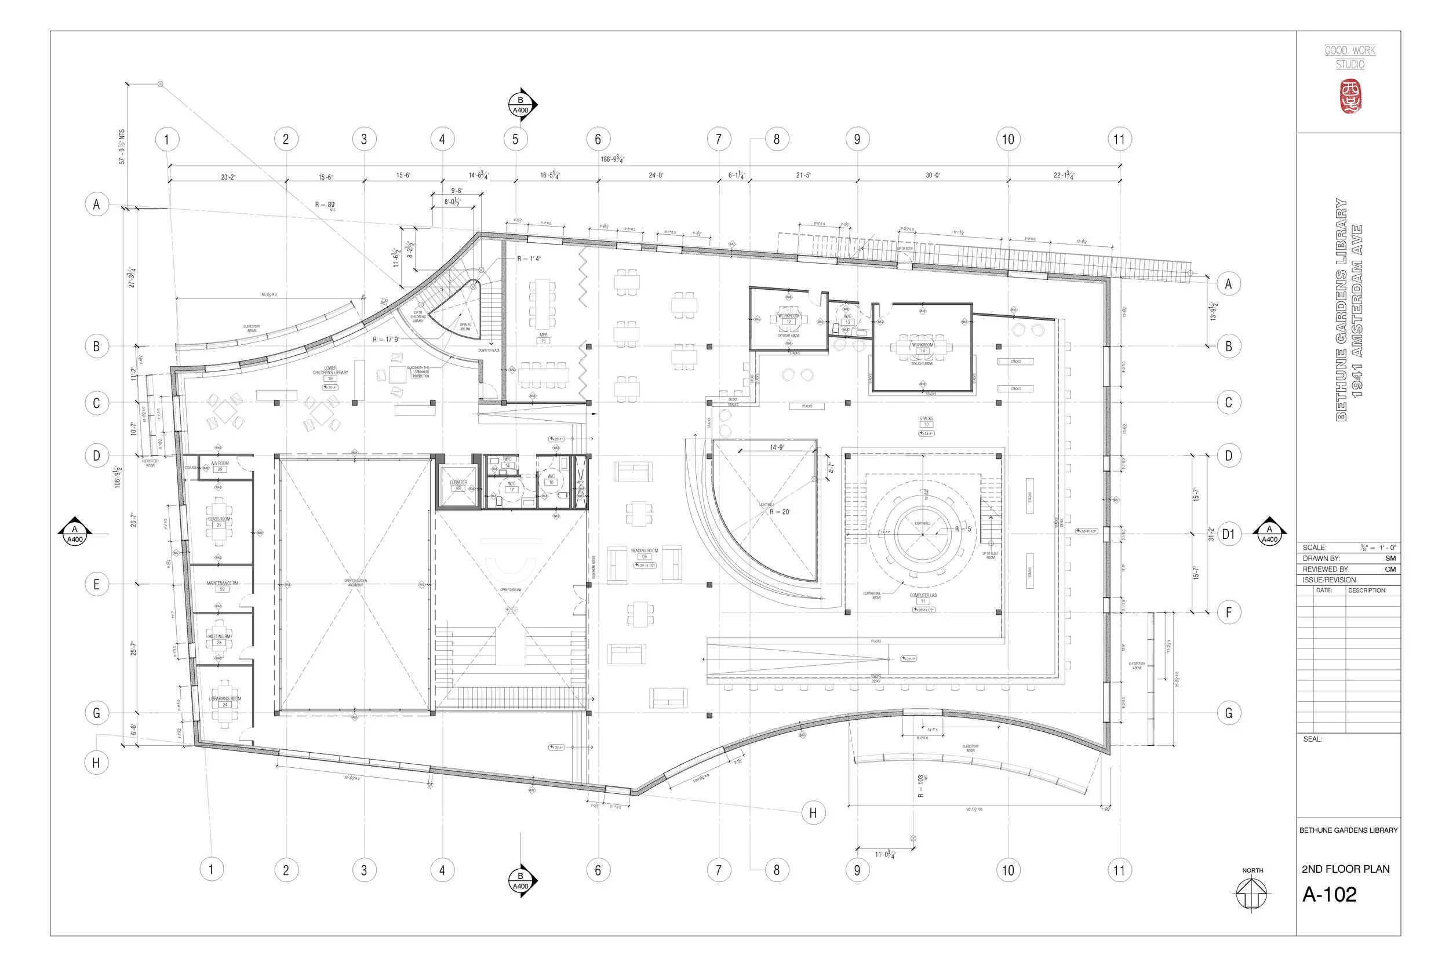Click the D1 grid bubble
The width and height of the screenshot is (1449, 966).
pos(1228,534)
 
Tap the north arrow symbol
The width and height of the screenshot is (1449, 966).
pos(1252,892)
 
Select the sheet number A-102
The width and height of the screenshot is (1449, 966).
pos(1330,895)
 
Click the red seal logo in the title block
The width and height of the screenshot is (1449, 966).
pos(1350,97)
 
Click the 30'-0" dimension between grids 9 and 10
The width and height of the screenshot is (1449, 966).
pos(933,176)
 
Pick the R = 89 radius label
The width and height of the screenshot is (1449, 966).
pos(325,205)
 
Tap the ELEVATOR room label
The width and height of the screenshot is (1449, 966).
pos(458,482)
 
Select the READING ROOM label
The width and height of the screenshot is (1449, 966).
pos(645,551)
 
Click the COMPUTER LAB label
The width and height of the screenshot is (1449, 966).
pos(923,596)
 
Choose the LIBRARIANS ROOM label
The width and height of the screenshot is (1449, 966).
pos(225,699)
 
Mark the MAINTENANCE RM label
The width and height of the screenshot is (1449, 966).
pos(223,583)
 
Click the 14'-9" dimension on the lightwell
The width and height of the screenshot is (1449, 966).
pos(777,447)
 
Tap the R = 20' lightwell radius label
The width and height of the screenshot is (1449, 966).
pos(780,512)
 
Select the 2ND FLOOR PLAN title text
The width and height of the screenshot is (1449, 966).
pos(1345,869)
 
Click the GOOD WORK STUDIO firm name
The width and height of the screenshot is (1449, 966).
pos(1350,57)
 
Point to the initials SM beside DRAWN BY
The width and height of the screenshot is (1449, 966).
pos(1390,558)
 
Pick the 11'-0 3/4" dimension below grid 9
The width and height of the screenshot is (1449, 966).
pos(884,855)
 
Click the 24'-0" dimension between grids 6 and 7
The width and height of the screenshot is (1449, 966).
pos(656,176)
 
